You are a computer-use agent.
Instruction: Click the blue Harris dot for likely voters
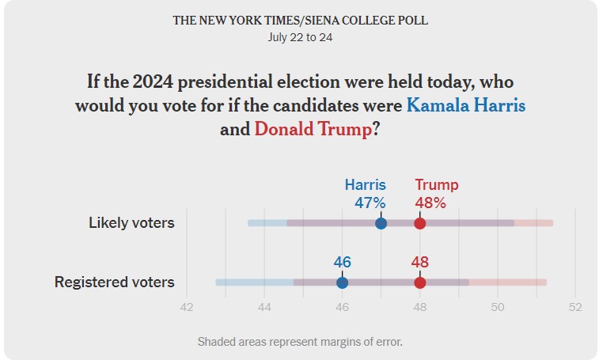coord(381,223)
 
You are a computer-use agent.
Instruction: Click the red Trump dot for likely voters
coord(419,223)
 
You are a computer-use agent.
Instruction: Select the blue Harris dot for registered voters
coord(342,282)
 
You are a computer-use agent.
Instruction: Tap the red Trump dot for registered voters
coord(419,282)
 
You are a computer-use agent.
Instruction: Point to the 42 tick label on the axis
coord(187,307)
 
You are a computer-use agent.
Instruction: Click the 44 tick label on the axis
coord(264,307)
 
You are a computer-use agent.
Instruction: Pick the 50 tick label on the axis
coord(497,307)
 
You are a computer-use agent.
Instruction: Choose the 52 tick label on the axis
coord(574,307)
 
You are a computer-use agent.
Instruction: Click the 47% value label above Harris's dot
coord(370,203)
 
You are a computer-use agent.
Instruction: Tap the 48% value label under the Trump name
coord(430,203)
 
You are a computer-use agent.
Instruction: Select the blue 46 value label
coord(342,262)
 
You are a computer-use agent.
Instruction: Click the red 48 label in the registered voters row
coord(419,262)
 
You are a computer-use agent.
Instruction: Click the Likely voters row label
coord(131,223)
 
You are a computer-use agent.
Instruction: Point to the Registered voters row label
coord(114,282)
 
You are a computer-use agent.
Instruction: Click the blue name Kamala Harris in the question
coord(465,105)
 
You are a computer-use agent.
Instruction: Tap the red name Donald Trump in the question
coord(313,129)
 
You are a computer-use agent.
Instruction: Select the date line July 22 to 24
coord(300,36)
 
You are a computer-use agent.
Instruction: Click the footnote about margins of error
coord(300,342)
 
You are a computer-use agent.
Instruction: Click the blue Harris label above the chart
coord(365,185)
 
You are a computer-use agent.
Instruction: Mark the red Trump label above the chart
coord(437,185)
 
